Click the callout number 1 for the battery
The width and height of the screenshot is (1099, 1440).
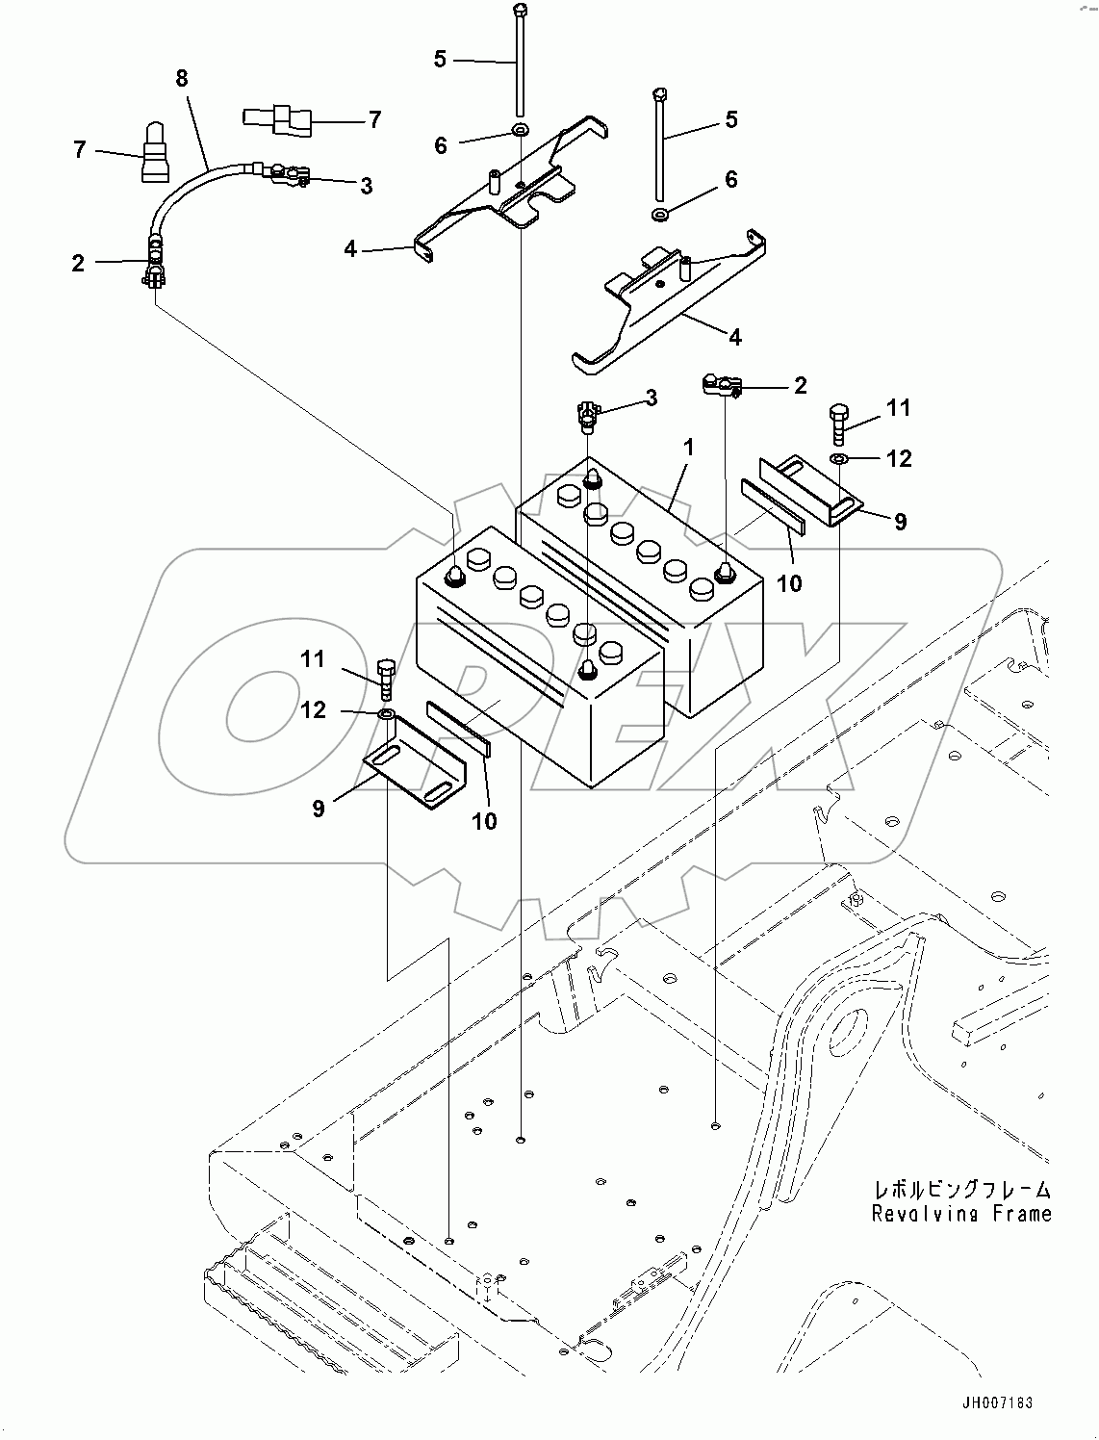pyautogui.click(x=688, y=448)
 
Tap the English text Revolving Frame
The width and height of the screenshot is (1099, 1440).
pyautogui.click(x=961, y=1215)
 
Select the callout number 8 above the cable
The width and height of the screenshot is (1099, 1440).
pyautogui.click(x=182, y=77)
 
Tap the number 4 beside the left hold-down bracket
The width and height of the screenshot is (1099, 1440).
pyautogui.click(x=350, y=249)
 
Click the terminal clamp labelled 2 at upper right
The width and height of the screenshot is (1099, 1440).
pyautogui.click(x=720, y=386)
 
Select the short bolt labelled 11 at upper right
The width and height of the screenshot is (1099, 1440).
pyautogui.click(x=838, y=422)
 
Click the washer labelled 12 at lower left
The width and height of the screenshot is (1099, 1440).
pyautogui.click(x=385, y=714)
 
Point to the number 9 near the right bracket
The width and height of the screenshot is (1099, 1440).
pyautogui.click(x=900, y=522)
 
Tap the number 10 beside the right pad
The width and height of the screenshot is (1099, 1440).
pyautogui.click(x=789, y=582)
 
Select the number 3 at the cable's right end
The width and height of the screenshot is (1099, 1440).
pyautogui.click(x=366, y=186)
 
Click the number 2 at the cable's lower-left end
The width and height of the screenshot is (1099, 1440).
pyautogui.click(x=78, y=263)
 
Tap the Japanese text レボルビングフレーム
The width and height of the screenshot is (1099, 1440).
pyautogui.click(x=961, y=1190)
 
